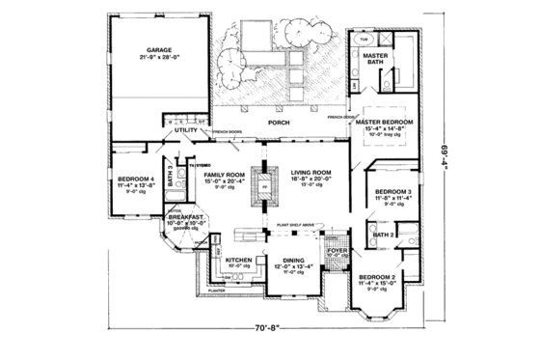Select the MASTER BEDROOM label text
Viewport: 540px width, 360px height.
click(x=383, y=123)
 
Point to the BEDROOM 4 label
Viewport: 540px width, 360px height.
click(x=135, y=179)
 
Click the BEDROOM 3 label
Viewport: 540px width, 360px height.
click(x=393, y=192)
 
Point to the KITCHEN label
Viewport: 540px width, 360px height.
click(x=238, y=261)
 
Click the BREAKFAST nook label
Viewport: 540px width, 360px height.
click(x=185, y=218)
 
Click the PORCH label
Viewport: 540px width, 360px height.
click(x=280, y=123)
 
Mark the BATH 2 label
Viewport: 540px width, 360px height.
click(x=383, y=235)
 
